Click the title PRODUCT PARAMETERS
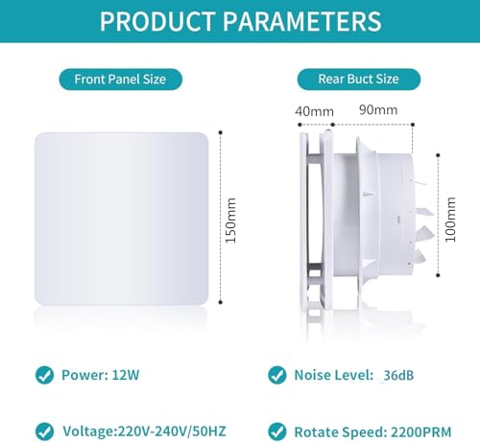click(x=240, y=21)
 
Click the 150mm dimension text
click(x=230, y=220)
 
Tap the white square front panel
click(x=121, y=219)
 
